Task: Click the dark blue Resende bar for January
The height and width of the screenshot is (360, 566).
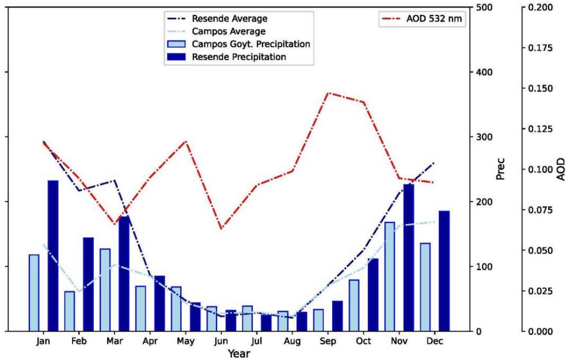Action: point(52,256)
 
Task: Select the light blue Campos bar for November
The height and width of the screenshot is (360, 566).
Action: point(390,276)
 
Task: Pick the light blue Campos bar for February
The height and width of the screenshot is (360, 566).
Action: point(69,311)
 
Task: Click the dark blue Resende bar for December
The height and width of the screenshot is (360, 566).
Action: point(444,271)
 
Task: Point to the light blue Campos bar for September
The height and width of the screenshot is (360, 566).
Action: point(318,320)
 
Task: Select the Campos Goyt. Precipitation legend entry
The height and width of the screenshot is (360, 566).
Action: point(250,44)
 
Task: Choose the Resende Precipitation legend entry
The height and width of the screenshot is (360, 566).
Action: point(238,57)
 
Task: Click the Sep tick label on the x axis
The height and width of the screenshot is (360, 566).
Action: point(328,341)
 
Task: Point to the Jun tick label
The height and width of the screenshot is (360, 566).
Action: point(221,341)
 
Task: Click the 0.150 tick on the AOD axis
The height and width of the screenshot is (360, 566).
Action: point(540,89)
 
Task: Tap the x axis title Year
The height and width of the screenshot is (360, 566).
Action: point(238,353)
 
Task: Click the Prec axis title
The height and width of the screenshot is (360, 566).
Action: point(500,169)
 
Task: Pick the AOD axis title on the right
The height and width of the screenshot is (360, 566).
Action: point(560,169)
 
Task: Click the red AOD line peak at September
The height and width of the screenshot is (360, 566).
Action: point(328,93)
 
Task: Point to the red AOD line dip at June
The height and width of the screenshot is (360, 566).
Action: point(221,229)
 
